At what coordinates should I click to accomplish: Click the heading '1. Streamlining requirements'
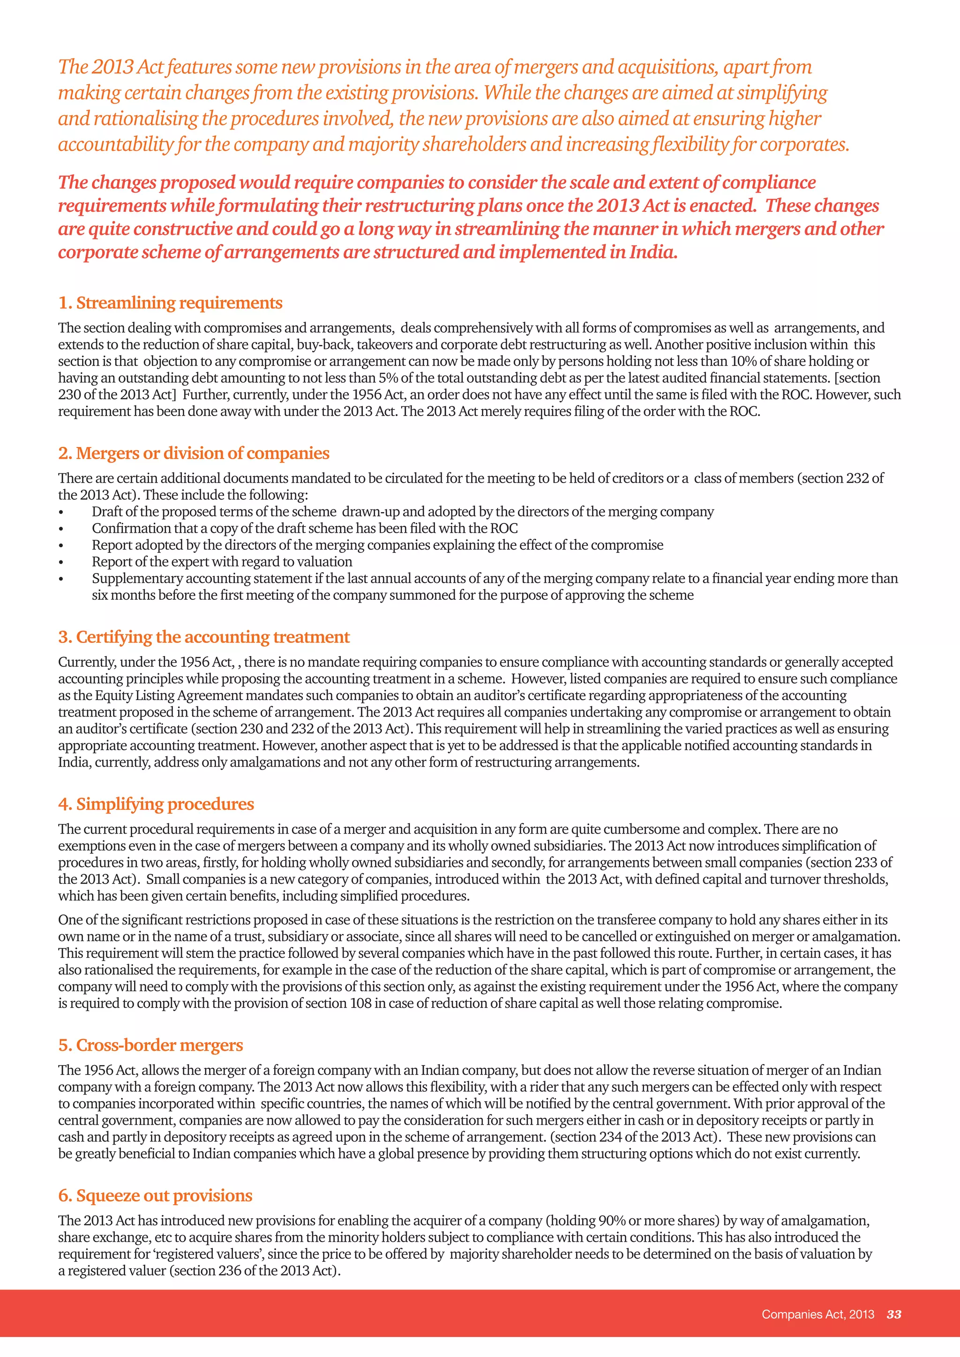(x=170, y=303)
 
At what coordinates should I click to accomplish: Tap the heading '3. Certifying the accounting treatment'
(x=204, y=637)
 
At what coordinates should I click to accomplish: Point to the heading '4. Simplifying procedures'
(x=156, y=805)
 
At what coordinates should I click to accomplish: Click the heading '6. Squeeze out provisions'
(x=155, y=1196)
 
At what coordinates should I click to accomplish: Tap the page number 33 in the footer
(x=894, y=1314)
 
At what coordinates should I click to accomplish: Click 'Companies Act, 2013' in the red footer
(x=817, y=1314)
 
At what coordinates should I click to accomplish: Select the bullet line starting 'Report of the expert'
(x=222, y=562)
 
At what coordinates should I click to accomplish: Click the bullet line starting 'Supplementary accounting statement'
(x=494, y=579)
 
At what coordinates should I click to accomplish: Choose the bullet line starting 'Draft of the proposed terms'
(x=402, y=512)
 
